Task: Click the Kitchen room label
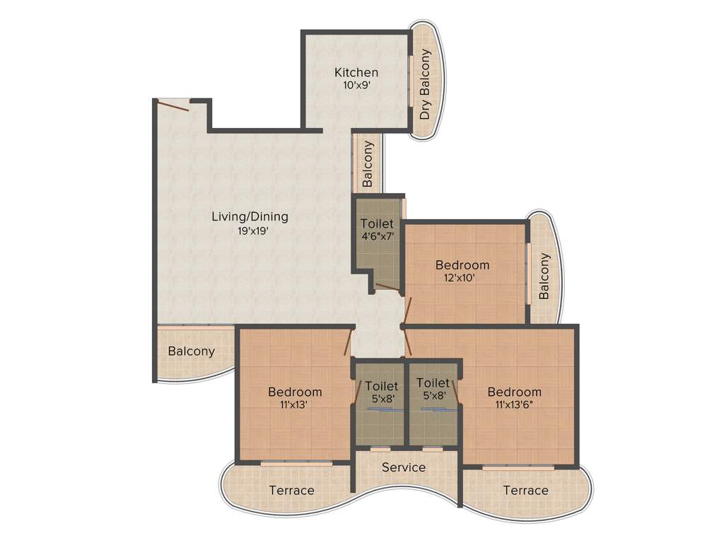click(356, 72)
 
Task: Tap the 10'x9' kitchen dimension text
click(356, 85)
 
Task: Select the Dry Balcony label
click(425, 83)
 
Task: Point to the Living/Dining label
click(250, 216)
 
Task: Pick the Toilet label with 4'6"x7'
click(376, 223)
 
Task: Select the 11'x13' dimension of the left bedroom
click(294, 405)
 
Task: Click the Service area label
click(404, 467)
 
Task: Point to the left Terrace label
click(291, 490)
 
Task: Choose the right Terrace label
click(525, 490)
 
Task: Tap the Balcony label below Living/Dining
click(191, 351)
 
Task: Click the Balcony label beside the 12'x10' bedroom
click(544, 276)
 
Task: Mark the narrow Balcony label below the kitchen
click(367, 163)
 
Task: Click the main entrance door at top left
click(173, 105)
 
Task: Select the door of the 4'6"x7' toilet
click(386, 287)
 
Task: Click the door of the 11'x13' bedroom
click(349, 342)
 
